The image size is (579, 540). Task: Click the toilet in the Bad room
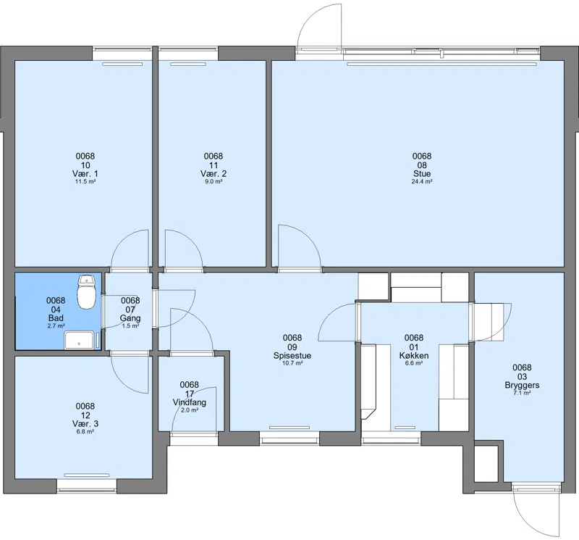click(x=87, y=292)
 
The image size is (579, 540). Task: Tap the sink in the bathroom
click(x=80, y=340)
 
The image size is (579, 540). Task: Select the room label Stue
click(x=422, y=174)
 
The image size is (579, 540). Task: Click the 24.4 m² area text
click(x=422, y=182)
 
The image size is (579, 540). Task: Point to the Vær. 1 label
click(x=85, y=174)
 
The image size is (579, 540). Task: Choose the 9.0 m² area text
click(x=214, y=182)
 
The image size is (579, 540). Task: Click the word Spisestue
click(x=292, y=356)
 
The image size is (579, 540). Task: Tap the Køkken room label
click(x=414, y=356)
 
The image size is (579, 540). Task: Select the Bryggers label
click(x=522, y=385)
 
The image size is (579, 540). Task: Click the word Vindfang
click(x=190, y=402)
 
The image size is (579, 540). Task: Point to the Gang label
click(x=130, y=318)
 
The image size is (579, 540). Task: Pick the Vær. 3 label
click(x=85, y=424)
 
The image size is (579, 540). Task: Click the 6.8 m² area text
click(x=85, y=431)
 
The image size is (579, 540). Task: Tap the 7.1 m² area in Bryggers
click(x=522, y=393)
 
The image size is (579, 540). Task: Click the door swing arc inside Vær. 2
click(x=191, y=241)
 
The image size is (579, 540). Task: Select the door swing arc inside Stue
click(x=308, y=238)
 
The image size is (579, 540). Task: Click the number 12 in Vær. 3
click(x=85, y=415)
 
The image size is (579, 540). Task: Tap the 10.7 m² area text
click(x=292, y=364)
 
